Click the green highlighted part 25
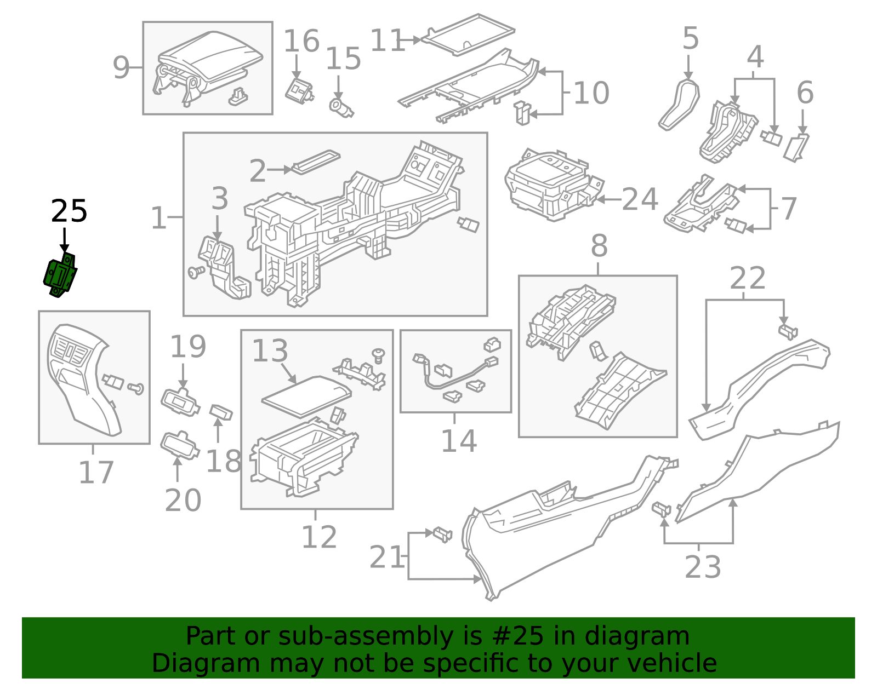pos(60,275)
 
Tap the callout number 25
pos(69,211)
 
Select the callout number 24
pos(640,200)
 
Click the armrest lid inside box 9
pos(214,58)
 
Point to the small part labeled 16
pos(299,90)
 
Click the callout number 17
pos(96,473)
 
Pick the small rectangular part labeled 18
pos(221,412)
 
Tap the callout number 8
pos(599,246)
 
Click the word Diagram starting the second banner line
pos(187,663)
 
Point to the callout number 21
pos(387,557)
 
